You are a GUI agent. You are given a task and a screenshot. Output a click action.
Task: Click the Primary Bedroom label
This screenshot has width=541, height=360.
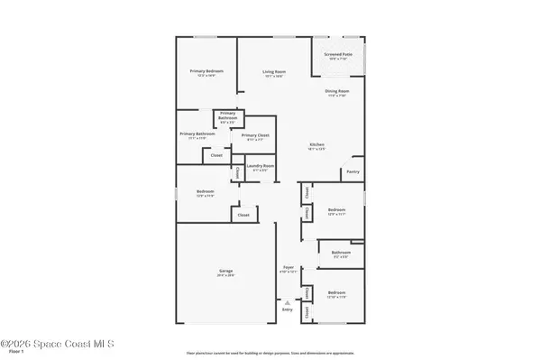point(206,71)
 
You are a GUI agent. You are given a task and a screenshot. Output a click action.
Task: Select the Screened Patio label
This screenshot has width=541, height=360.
point(338,54)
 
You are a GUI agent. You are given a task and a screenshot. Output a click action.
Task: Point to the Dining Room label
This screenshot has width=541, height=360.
point(337,91)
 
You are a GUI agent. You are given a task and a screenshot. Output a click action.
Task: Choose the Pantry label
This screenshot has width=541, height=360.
point(353,171)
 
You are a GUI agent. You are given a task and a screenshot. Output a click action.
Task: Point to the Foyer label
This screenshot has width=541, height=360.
point(289,268)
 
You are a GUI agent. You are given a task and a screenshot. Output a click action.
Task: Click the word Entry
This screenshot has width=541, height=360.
point(288,309)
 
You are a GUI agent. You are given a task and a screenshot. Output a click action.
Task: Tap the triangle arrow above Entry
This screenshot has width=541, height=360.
point(288,302)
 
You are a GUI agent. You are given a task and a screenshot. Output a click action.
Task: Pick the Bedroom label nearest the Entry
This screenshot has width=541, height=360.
point(336,293)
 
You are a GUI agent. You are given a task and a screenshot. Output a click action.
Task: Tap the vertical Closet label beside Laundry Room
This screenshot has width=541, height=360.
point(236,172)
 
